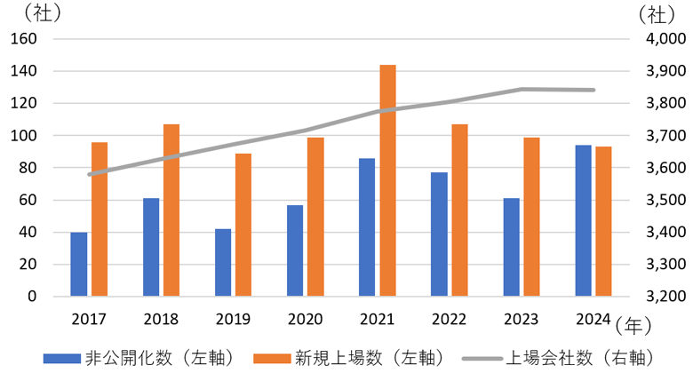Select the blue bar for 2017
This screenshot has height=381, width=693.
(x=79, y=265)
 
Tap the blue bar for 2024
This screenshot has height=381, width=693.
(x=583, y=220)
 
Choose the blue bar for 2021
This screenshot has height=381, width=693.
(x=367, y=227)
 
